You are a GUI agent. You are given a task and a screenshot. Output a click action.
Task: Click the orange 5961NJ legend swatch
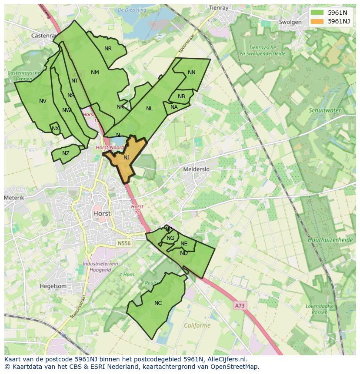tap(317, 21)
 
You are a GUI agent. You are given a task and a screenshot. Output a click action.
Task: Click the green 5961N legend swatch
tap(317, 13)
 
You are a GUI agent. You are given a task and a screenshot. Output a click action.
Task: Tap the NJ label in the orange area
tap(127, 158)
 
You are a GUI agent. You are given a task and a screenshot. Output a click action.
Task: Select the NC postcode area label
tap(158, 303)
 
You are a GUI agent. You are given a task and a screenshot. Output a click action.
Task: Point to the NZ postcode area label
tap(66, 153)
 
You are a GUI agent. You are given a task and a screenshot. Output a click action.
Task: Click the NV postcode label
tap(43, 101)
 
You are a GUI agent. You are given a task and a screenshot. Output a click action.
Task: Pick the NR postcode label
tap(108, 49)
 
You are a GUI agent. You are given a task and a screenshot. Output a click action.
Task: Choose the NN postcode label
tap(191, 73)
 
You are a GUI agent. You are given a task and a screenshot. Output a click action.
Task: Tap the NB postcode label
tap(181, 96)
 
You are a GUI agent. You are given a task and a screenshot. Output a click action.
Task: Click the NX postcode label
tap(55, 129)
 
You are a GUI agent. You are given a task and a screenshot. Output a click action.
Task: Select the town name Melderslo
tap(197, 169)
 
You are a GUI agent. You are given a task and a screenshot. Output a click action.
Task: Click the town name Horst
tap(101, 214)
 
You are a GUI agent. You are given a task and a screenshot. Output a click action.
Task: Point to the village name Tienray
tap(218, 7)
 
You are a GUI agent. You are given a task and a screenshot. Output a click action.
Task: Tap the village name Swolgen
tap(290, 22)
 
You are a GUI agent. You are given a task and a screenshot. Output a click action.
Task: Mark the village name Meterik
tap(14, 198)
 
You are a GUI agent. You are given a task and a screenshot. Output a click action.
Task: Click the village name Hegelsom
tap(53, 286)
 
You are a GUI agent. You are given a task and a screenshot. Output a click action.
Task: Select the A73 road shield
tap(240, 306)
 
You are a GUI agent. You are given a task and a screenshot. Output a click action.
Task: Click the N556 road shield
tap(124, 243)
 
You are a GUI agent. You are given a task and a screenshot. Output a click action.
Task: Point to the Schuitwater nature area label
tap(325, 110)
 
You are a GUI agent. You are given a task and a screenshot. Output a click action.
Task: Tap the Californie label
tap(197, 325)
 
